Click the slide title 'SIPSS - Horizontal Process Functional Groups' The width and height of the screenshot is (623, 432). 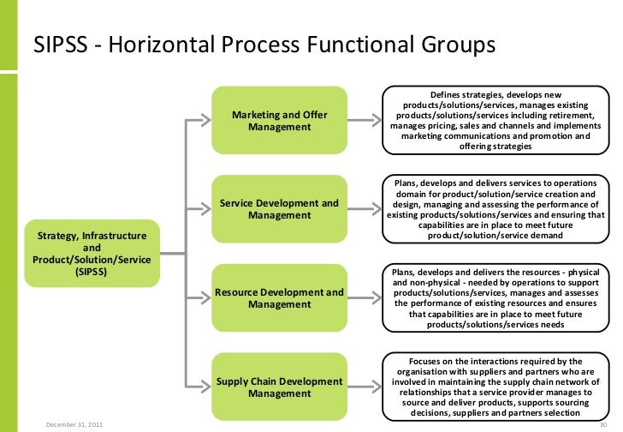[x=264, y=45]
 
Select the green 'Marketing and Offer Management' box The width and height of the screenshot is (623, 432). [x=279, y=121]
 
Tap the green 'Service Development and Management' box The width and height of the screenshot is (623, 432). [x=279, y=209]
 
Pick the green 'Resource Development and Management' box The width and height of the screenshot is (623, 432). [x=279, y=298]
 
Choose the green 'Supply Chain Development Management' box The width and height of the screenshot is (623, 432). [x=279, y=387]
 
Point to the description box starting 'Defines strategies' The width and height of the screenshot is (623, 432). [x=494, y=121]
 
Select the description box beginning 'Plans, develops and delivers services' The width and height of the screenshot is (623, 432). [x=494, y=209]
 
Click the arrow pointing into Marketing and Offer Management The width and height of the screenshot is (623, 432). [x=199, y=121]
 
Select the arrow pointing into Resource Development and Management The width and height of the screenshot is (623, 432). [x=199, y=298]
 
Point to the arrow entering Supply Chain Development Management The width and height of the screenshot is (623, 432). [x=199, y=387]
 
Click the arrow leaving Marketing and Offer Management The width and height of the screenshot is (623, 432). [x=365, y=121]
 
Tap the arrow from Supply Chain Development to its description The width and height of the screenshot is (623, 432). [x=365, y=387]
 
